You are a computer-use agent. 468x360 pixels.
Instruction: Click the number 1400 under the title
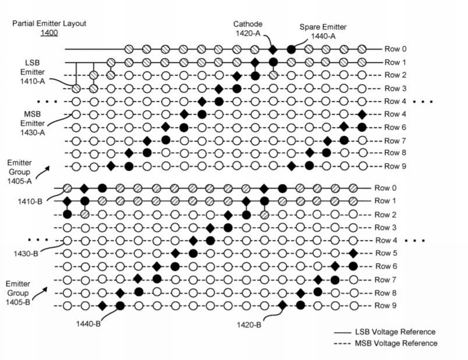coord(49,33)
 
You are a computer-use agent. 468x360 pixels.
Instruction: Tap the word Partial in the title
coord(23,23)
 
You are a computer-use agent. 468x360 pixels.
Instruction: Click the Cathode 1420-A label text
coord(248,29)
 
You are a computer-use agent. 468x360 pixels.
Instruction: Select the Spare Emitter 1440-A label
coord(323,31)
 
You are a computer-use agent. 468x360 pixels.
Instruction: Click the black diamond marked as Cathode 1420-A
coord(273,49)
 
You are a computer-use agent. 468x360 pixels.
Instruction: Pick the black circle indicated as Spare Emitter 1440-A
coord(291,50)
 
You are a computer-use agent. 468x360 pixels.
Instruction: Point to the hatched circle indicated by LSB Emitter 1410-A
coord(76,88)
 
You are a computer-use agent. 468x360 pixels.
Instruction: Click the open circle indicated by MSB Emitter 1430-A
coord(76,114)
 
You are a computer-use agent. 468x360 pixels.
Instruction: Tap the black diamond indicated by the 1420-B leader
coord(282,305)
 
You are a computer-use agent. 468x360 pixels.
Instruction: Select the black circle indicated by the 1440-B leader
coord(120,305)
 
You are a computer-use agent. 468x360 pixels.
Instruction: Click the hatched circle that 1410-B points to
coord(68,188)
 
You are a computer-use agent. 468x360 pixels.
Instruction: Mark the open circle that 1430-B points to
coord(68,241)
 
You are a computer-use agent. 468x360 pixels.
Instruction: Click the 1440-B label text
coord(88,323)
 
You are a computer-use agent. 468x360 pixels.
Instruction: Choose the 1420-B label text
coord(249,324)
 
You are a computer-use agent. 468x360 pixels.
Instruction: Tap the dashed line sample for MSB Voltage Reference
coord(342,344)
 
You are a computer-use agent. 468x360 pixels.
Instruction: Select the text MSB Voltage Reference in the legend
coord(396,343)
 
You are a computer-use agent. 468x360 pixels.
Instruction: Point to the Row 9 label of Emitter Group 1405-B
coord(385,305)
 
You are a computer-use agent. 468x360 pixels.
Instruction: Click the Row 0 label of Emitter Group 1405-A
coord(395,49)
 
